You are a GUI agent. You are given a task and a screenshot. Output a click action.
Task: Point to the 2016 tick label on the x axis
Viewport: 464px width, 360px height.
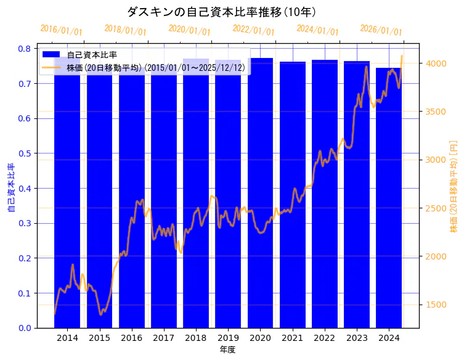(131, 338)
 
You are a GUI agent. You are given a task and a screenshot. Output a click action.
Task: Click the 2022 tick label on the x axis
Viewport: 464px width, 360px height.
(324, 338)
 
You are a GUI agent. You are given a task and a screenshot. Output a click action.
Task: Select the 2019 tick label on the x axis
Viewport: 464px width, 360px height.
(228, 338)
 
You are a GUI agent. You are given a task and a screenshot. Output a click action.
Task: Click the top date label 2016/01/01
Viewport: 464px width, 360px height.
(61, 30)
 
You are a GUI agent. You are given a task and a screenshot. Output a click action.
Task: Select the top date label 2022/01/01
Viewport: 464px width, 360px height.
(253, 30)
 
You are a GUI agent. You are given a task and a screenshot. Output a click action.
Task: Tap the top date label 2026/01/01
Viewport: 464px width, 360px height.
(381, 30)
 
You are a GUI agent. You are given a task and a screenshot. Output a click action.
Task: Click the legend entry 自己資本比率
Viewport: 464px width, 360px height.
(92, 55)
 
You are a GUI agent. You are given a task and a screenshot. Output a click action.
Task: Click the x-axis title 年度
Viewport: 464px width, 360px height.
(227, 350)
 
